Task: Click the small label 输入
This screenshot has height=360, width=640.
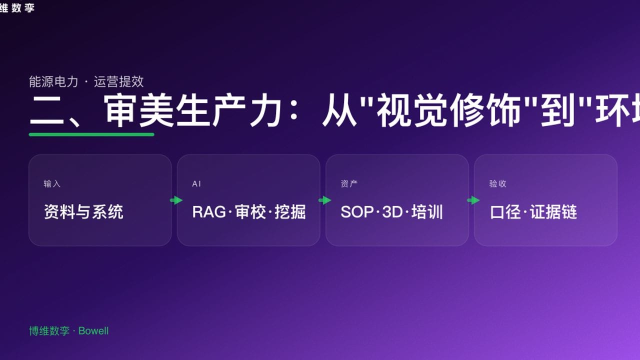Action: tap(52, 184)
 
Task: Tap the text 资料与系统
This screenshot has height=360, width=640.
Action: tap(83, 212)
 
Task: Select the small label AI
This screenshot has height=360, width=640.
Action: tap(196, 184)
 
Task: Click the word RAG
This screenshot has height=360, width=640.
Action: tap(209, 212)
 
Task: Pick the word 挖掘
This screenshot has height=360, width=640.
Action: tap(290, 212)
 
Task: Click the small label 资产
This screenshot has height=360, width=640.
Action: tap(349, 184)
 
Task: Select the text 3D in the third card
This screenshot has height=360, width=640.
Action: tap(392, 212)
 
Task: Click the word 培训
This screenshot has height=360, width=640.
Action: tap(427, 212)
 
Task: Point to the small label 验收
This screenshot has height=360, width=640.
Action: tap(497, 184)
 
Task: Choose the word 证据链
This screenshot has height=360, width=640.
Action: tap(553, 212)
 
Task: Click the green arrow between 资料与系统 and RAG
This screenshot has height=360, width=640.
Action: tap(176, 200)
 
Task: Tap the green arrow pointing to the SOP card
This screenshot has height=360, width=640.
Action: tap(325, 200)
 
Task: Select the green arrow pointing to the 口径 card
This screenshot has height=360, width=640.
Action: tap(473, 200)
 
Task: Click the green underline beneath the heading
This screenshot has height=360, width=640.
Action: tap(91, 134)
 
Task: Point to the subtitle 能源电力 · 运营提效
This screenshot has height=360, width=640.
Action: tap(86, 81)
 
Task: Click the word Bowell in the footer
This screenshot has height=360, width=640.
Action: tap(93, 331)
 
